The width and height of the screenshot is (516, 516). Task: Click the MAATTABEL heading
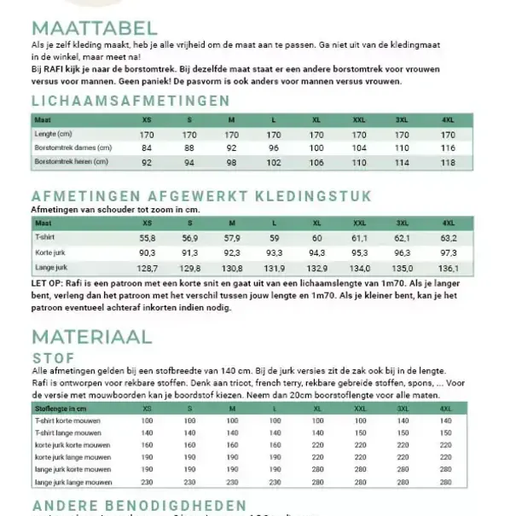point(95,28)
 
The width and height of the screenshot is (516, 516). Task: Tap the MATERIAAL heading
point(92,336)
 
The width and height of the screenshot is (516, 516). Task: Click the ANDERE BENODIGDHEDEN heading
point(139,506)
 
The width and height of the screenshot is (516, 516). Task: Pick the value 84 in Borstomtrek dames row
point(147,148)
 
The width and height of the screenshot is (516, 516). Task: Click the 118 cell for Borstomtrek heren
point(448,161)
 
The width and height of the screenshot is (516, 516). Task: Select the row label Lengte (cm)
point(53,135)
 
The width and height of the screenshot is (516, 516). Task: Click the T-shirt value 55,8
point(147,239)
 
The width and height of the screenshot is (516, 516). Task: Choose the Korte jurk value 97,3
point(448,253)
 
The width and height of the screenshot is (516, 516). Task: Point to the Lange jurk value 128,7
point(147,268)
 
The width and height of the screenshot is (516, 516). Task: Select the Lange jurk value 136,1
point(448,268)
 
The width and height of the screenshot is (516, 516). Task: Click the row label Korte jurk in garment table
point(53,253)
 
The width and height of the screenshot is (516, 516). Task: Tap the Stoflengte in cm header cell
point(63,409)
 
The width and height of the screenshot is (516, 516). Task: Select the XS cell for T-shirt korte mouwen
point(147,421)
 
